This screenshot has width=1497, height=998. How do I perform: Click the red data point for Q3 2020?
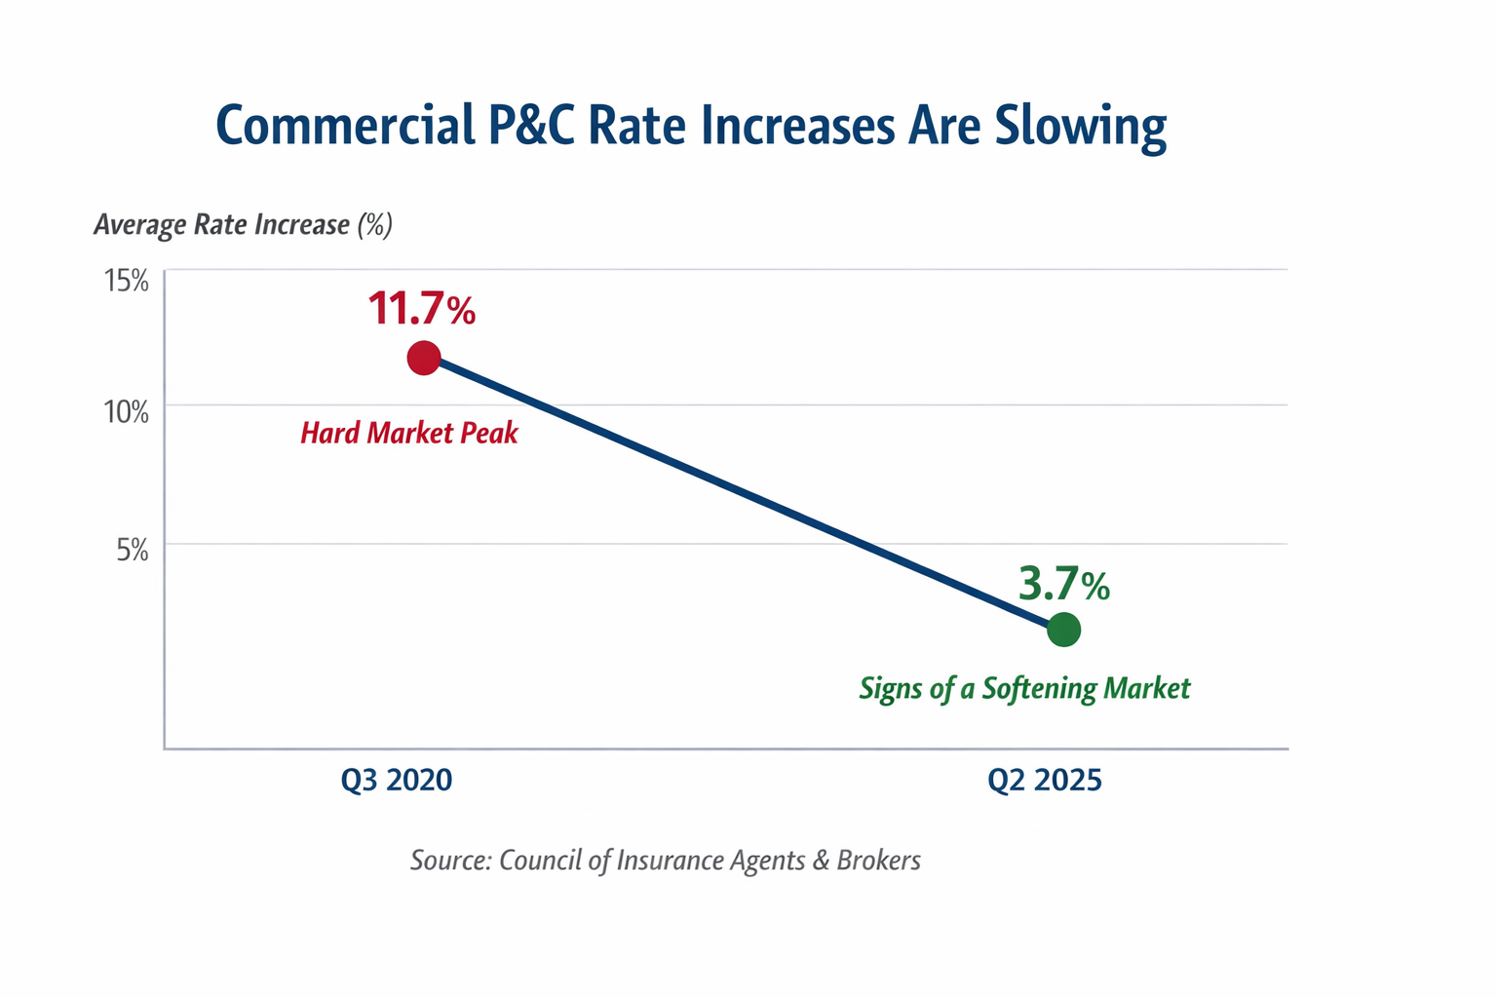423,358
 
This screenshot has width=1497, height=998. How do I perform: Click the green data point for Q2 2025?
1063,630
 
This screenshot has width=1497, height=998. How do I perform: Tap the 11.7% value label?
421,308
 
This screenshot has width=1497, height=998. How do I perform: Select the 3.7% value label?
1063,585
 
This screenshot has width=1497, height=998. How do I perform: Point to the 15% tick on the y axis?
126,282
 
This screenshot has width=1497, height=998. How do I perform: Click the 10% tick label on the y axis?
126,412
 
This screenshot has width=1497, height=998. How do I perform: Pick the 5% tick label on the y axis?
133,551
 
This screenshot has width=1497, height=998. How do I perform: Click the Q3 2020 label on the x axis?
397,780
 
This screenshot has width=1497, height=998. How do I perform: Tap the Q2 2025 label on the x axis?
1044,780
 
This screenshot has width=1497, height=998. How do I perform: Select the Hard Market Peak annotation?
408,433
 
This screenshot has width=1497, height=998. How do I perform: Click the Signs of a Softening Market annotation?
1024,689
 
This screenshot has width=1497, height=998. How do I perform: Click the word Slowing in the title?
1080,127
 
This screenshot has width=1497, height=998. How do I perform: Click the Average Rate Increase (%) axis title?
243,225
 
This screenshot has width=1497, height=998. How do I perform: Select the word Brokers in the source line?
878,861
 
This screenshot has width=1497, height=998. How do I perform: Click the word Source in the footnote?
450,861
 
